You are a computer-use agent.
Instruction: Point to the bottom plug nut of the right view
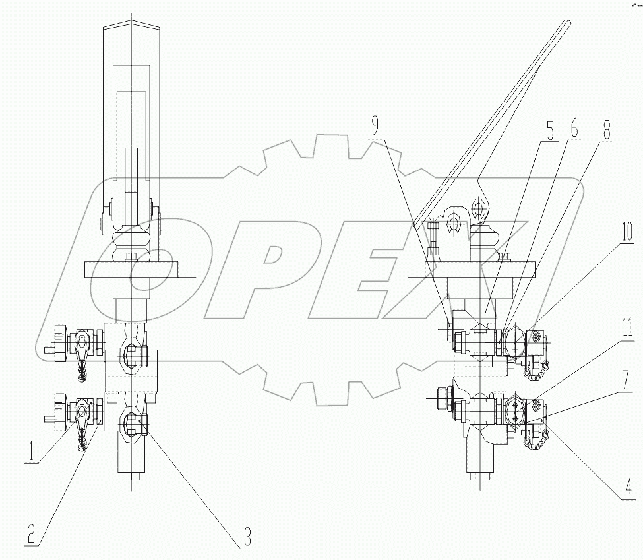click(479, 476)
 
